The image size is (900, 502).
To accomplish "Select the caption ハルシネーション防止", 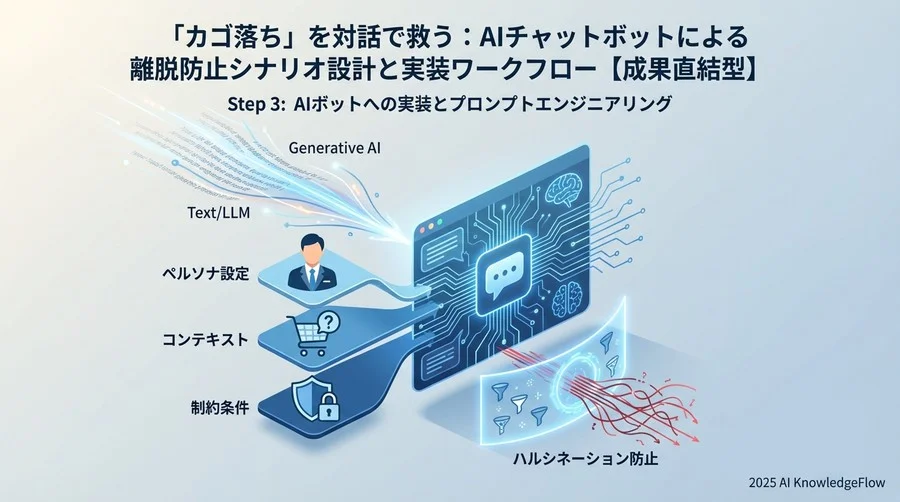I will tap(577, 463).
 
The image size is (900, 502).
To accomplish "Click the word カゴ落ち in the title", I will tap(216, 40).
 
